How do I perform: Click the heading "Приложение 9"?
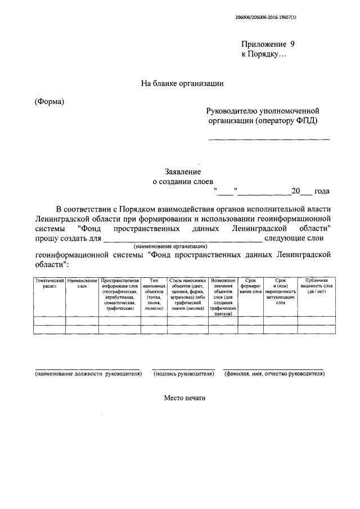(x=268, y=44)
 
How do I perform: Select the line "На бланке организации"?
(x=182, y=84)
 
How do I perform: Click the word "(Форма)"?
(x=49, y=102)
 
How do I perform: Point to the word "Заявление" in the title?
(x=182, y=172)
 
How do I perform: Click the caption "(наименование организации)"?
(x=170, y=246)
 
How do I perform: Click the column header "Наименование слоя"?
(x=82, y=283)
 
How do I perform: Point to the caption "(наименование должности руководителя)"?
(x=87, y=373)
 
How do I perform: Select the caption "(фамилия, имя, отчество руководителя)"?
(x=273, y=373)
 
